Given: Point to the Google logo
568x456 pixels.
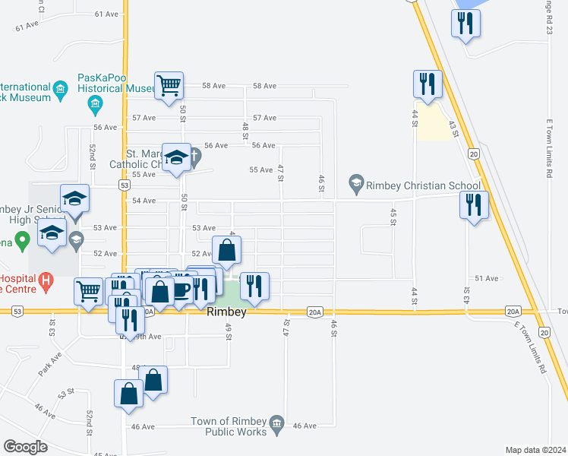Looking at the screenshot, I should [x=25, y=447].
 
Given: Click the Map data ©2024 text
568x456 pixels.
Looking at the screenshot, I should [x=535, y=450].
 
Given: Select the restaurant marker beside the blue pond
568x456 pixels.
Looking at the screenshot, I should [x=465, y=22].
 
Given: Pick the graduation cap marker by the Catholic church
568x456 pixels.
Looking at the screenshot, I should [x=175, y=157].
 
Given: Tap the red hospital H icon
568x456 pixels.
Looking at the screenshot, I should [x=46, y=281].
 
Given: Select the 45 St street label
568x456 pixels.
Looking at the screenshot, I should [x=393, y=216].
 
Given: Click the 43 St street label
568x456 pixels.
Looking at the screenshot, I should [x=454, y=128].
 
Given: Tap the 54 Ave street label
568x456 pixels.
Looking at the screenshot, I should [x=144, y=201].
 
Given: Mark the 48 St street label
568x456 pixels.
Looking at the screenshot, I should [x=245, y=130].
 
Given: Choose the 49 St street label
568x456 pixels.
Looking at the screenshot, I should [x=227, y=331].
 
